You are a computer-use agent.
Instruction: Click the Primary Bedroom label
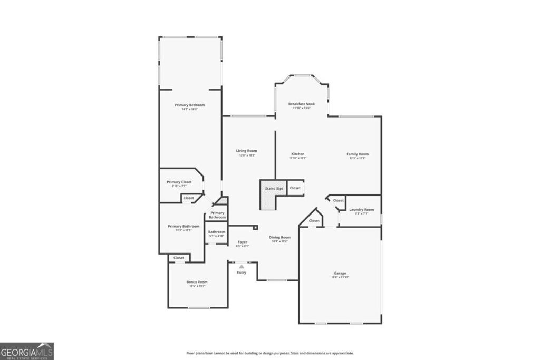point(190,105)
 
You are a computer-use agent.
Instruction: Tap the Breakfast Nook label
point(302,104)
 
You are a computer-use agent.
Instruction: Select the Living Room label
point(247,151)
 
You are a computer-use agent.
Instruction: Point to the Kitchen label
point(297,154)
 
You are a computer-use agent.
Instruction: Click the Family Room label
point(358,154)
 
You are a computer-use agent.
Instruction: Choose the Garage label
point(340,273)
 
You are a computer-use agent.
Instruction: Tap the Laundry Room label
point(362,210)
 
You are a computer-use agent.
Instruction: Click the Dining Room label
point(279,237)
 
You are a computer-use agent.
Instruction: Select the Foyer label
point(242,242)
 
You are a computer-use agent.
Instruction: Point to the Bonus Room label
point(197,282)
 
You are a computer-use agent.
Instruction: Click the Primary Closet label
point(179,182)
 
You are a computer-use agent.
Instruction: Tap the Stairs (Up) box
point(272,188)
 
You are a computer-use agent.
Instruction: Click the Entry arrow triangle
point(242,267)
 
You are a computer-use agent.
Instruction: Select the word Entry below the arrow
point(242,273)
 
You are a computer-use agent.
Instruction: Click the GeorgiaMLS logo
point(27,351)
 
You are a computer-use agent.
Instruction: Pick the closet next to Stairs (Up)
point(295,188)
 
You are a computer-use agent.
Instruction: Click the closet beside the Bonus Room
point(179,258)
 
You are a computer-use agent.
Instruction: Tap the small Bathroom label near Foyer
point(216,232)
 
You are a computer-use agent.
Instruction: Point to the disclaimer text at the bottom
point(270,353)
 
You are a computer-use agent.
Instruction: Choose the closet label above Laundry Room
point(339,200)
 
